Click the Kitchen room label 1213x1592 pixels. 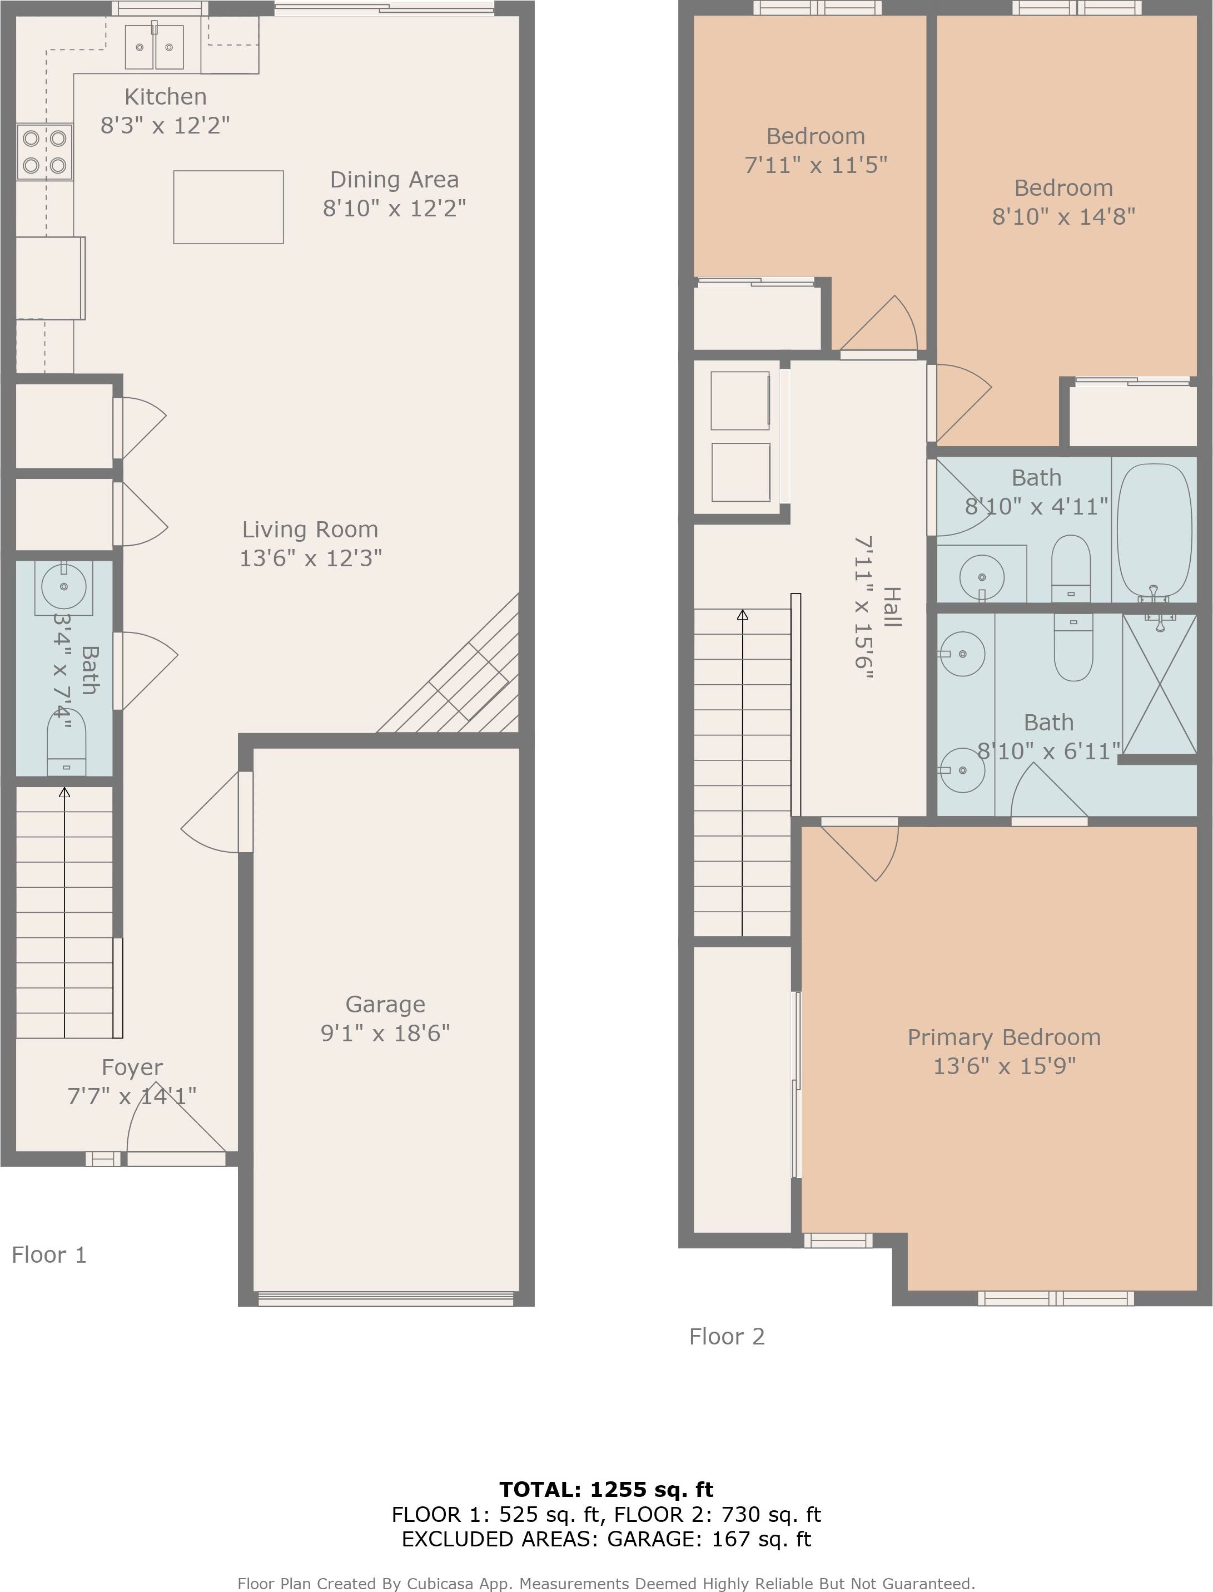tap(165, 96)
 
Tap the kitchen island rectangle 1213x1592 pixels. tap(228, 207)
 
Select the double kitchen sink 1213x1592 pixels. tap(155, 47)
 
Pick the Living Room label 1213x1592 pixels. tap(310, 530)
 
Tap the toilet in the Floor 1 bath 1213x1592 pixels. tap(66, 744)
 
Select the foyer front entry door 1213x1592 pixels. tap(177, 1159)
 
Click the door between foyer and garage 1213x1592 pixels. tap(246, 812)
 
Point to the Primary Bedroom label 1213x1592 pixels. tap(1003, 1037)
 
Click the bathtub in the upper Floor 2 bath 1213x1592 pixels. tap(1154, 530)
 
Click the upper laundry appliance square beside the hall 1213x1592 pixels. tap(740, 401)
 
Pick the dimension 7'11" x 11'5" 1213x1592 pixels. tap(815, 165)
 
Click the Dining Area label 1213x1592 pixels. tap(394, 179)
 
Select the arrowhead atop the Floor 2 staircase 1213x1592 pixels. tap(742, 615)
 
